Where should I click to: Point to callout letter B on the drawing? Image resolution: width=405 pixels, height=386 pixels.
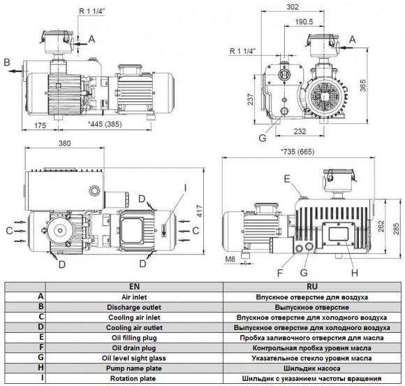point(6,63)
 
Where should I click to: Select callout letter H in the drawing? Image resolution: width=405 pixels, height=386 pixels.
point(355,272)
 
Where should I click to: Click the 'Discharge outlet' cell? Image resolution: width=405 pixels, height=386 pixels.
point(133,307)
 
